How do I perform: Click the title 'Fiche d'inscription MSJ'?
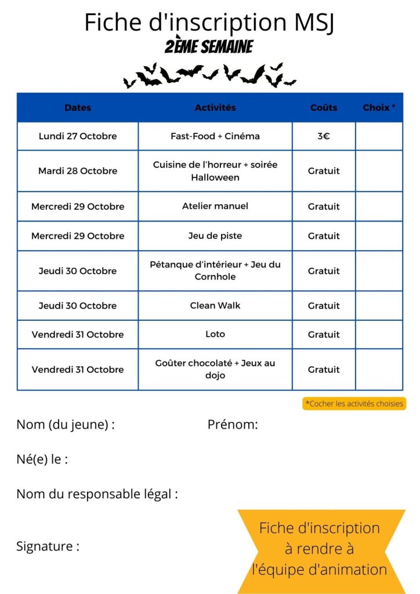[x=209, y=22]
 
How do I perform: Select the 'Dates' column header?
[x=78, y=107]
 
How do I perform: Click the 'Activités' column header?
[x=215, y=107]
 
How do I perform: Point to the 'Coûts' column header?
[x=324, y=107]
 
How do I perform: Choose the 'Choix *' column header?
[x=379, y=107]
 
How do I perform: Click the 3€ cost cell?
[x=324, y=136]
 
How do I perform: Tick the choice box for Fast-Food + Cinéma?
[x=379, y=136]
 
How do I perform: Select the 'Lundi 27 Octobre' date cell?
[x=78, y=136]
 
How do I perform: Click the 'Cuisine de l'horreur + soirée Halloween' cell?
[x=215, y=171]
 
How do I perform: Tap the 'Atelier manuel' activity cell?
[x=215, y=206]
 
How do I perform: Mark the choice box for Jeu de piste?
[x=379, y=236]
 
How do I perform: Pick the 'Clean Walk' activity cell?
[x=215, y=306]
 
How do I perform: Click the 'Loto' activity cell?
[x=215, y=334]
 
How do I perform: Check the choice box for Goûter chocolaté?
[x=379, y=370]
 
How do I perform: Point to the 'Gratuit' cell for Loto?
[x=324, y=334]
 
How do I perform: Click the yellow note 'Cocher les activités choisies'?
[x=354, y=404]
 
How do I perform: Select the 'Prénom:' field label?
[x=233, y=425]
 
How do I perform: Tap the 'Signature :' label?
[x=48, y=546]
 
